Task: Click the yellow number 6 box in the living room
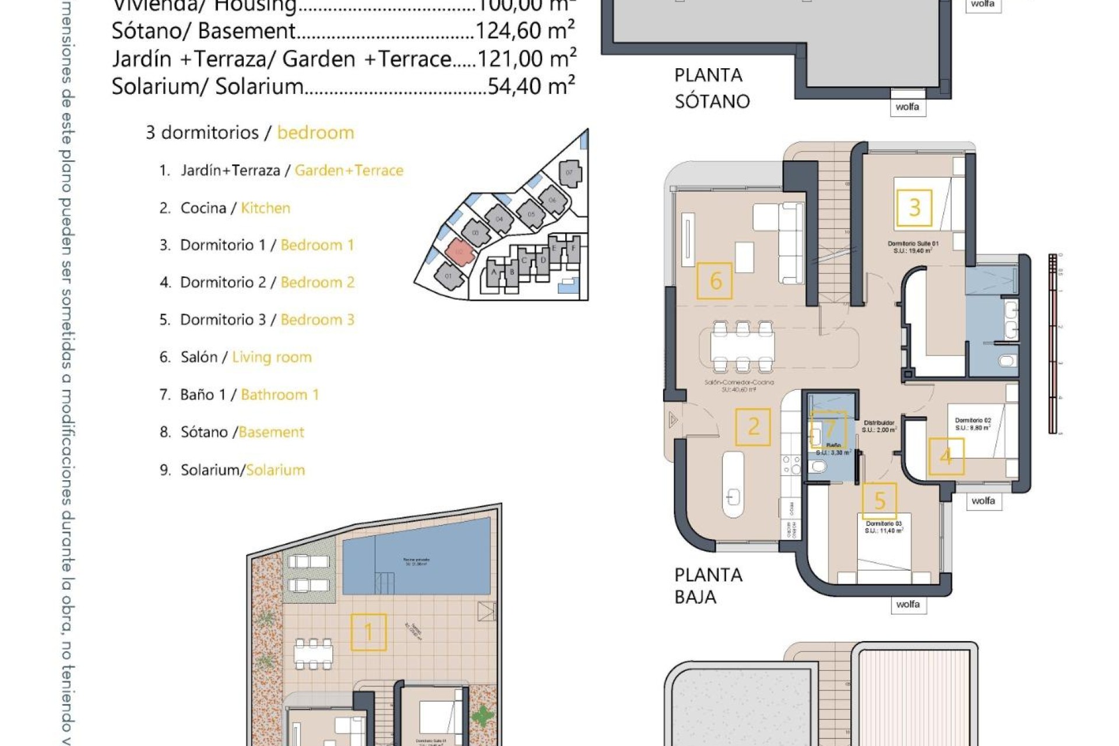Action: pyautogui.click(x=715, y=281)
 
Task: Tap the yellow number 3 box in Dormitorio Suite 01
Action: pyautogui.click(x=914, y=207)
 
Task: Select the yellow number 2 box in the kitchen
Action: pyautogui.click(x=753, y=427)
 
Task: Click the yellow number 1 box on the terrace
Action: pyautogui.click(x=368, y=632)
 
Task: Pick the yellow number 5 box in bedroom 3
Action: pyautogui.click(x=879, y=500)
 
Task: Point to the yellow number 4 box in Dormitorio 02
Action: pyautogui.click(x=946, y=456)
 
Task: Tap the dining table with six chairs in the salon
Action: pyautogui.click(x=743, y=347)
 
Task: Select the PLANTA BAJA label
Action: pyautogui.click(x=708, y=586)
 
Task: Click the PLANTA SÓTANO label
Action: pyautogui.click(x=711, y=88)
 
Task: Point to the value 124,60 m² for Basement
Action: pyautogui.click(x=525, y=31)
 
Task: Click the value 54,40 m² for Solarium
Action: pyautogui.click(x=531, y=86)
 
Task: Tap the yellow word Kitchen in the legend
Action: pyautogui.click(x=265, y=208)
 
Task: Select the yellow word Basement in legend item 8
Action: pyautogui.click(x=271, y=432)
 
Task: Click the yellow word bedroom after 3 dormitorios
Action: pyautogui.click(x=315, y=133)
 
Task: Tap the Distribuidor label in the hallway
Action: pyautogui.click(x=879, y=423)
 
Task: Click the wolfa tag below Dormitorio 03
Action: pyautogui.click(x=907, y=604)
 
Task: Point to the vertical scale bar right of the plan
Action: pyautogui.click(x=1053, y=344)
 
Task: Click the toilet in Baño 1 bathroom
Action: pyautogui.click(x=818, y=466)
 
